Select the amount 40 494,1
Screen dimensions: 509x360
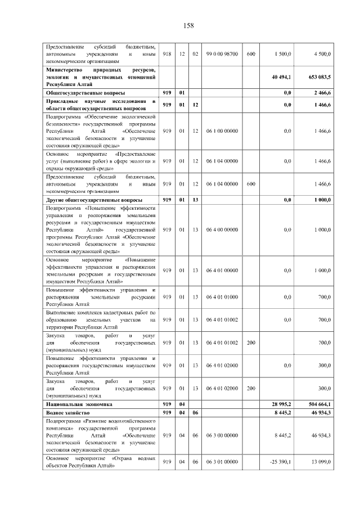pos(280,77)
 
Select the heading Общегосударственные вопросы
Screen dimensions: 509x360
pos(85,92)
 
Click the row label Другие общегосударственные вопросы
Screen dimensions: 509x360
pos(94,200)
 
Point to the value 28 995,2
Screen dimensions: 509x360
pos(280,404)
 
